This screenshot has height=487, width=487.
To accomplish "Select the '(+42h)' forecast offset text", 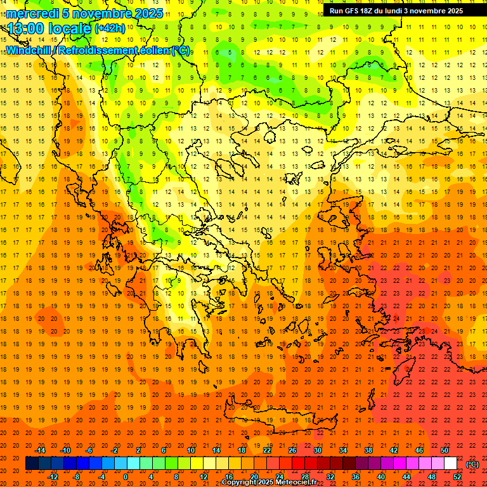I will tap(110, 29).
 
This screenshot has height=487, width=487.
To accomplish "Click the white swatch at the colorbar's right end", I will tap(450, 464).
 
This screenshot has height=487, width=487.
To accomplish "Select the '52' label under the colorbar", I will tap(458, 477).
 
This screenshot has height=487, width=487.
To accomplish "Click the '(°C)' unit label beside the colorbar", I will tap(472, 464).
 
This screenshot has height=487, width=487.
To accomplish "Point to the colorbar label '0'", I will tap(126, 477).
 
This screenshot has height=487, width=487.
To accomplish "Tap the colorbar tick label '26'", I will tap(292, 450).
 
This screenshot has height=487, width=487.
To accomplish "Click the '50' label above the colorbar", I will tap(445, 450).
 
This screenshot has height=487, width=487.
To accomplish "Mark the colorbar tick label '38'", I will tap(368, 450).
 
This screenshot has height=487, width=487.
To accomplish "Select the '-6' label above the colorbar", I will tap(89, 450).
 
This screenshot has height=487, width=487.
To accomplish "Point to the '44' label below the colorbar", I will tap(406, 477).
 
